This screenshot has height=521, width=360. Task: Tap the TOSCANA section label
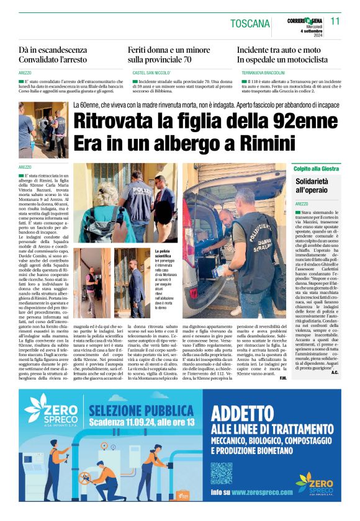click(250, 24)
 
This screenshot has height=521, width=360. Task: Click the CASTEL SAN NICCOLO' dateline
click(151, 73)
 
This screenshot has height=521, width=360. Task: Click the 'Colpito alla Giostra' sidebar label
click(316, 167)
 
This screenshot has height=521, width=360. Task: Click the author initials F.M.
click(282, 378)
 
